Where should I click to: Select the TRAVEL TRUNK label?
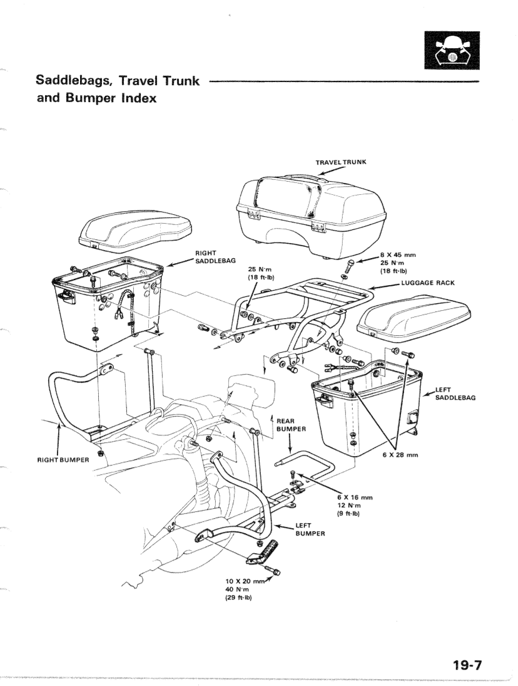coord(341,162)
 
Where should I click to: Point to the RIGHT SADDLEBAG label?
coord(215,257)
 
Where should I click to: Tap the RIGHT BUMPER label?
coord(63,460)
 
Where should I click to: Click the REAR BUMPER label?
coord(290,425)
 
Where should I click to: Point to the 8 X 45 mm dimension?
coord(399,255)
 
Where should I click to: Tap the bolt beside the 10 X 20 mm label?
coord(273,571)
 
